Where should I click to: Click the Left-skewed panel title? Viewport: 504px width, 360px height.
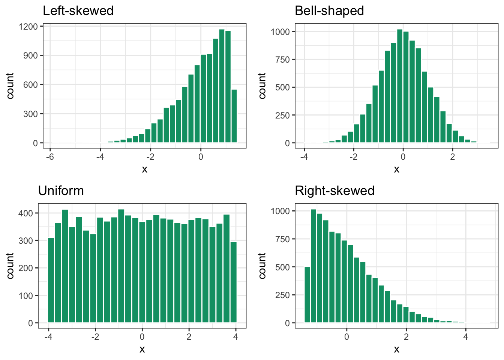point(78,10)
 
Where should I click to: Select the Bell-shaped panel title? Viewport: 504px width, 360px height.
point(329,10)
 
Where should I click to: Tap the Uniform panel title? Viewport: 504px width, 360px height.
point(61,190)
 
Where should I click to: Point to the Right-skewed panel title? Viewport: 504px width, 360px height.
point(334,190)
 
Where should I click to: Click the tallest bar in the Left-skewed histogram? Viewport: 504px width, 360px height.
point(222,86)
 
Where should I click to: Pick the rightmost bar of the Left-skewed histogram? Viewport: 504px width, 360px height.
point(234,116)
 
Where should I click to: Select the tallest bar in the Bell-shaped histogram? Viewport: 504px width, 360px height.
point(400,86)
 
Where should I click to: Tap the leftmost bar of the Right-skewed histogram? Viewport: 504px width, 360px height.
point(307,295)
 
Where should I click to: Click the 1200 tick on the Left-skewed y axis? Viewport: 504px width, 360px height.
point(30,27)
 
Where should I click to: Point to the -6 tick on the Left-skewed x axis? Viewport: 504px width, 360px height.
point(50,157)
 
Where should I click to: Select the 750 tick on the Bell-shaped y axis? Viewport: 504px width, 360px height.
point(282,60)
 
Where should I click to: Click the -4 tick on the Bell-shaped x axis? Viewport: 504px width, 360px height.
point(304,157)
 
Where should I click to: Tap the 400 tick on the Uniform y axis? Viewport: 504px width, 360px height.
point(26,213)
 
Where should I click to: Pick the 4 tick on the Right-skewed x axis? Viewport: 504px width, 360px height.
point(465,337)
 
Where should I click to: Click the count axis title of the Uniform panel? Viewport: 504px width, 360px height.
point(10,265)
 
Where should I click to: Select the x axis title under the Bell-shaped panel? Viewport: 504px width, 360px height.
point(396,169)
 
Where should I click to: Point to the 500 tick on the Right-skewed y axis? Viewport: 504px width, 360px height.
point(282,267)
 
